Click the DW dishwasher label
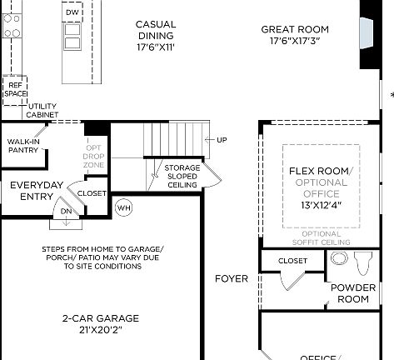point(72,13)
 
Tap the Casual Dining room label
point(156,35)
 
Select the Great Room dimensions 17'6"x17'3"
point(296,40)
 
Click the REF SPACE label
point(15,89)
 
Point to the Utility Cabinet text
point(42,110)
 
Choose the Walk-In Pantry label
point(23,146)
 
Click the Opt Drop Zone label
point(93,156)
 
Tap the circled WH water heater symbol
point(124,207)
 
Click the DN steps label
point(66,212)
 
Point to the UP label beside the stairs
point(222,139)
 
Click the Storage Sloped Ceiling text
point(182,176)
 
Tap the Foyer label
point(231,278)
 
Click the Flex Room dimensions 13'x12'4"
point(321,205)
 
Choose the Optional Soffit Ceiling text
point(321,237)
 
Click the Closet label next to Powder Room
point(292,260)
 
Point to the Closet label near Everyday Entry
point(92,193)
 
